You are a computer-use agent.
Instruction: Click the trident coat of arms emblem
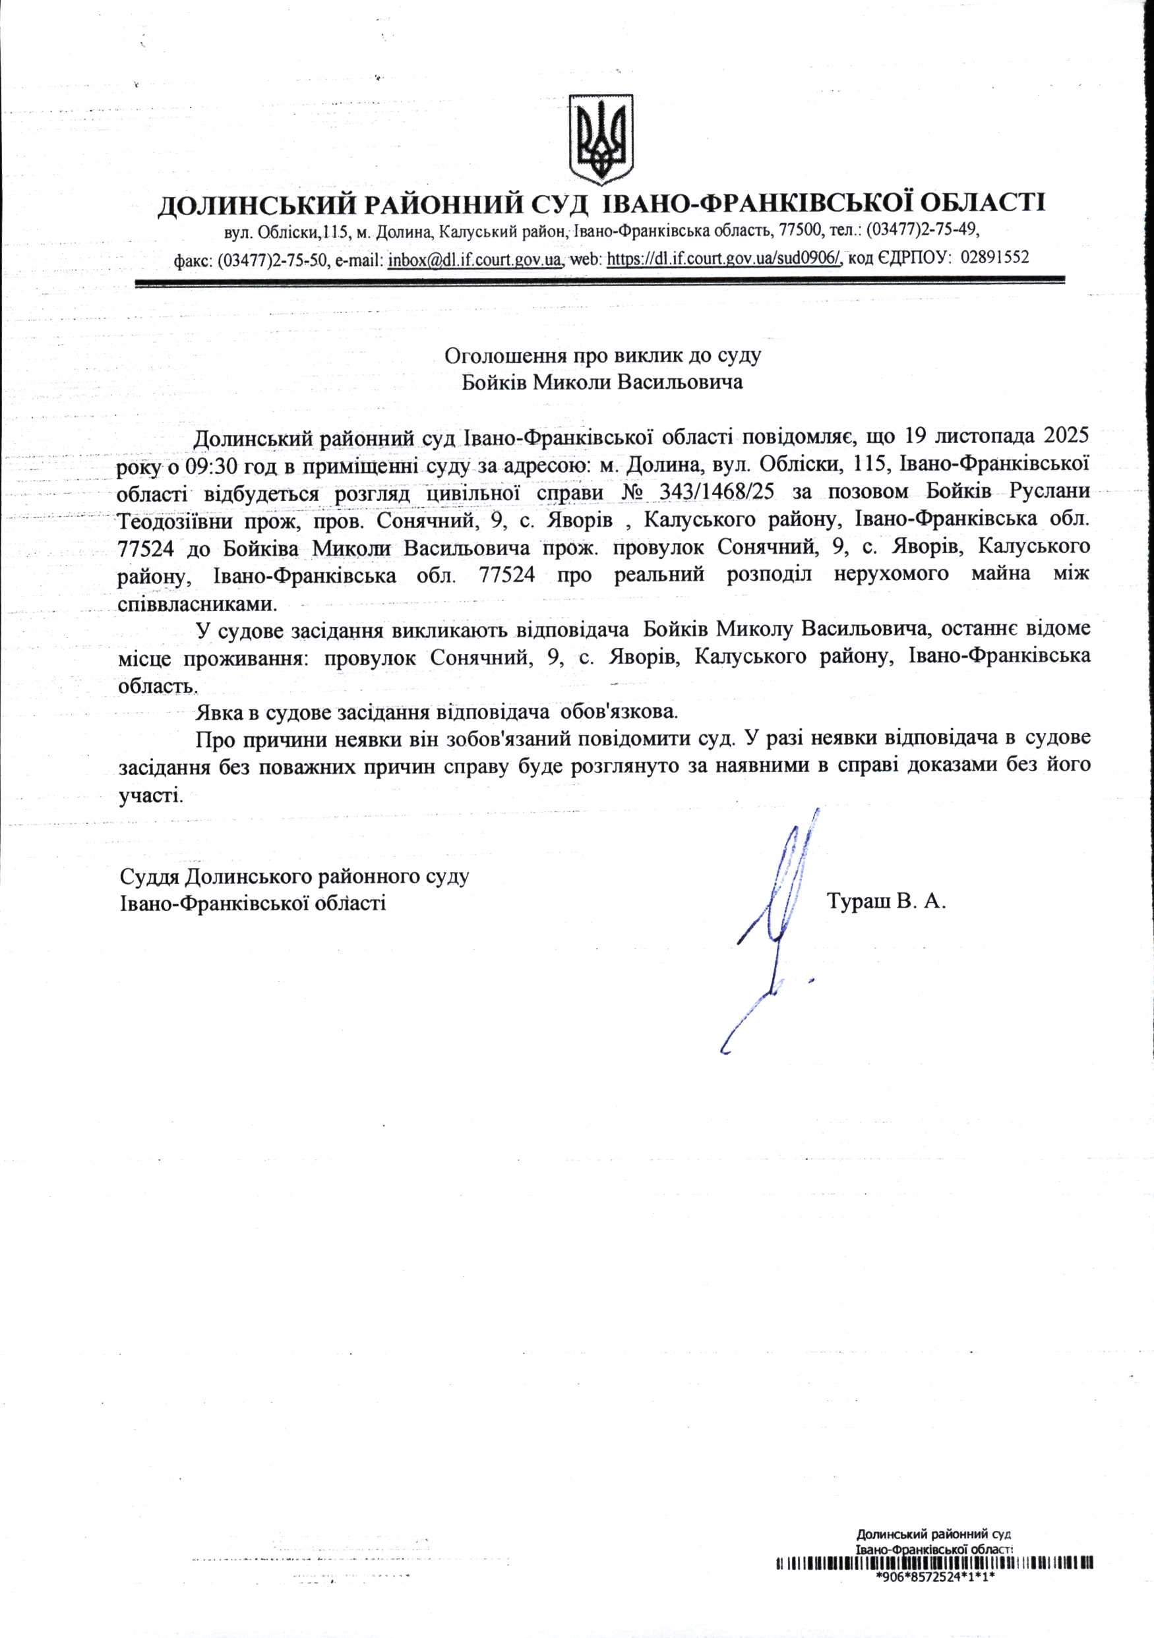[x=601, y=138]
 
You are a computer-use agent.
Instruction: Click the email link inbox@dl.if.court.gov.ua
[x=474, y=258]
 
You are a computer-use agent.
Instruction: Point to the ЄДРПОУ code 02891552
[x=995, y=258]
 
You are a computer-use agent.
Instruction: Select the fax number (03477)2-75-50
[x=272, y=259]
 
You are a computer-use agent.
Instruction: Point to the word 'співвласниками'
[x=197, y=603]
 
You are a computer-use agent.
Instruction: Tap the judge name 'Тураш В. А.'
[x=886, y=901]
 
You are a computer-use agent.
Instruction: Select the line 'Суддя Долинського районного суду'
[x=294, y=875]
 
